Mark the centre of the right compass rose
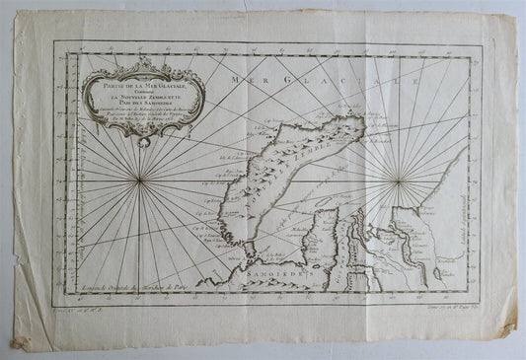tap(399, 180)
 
